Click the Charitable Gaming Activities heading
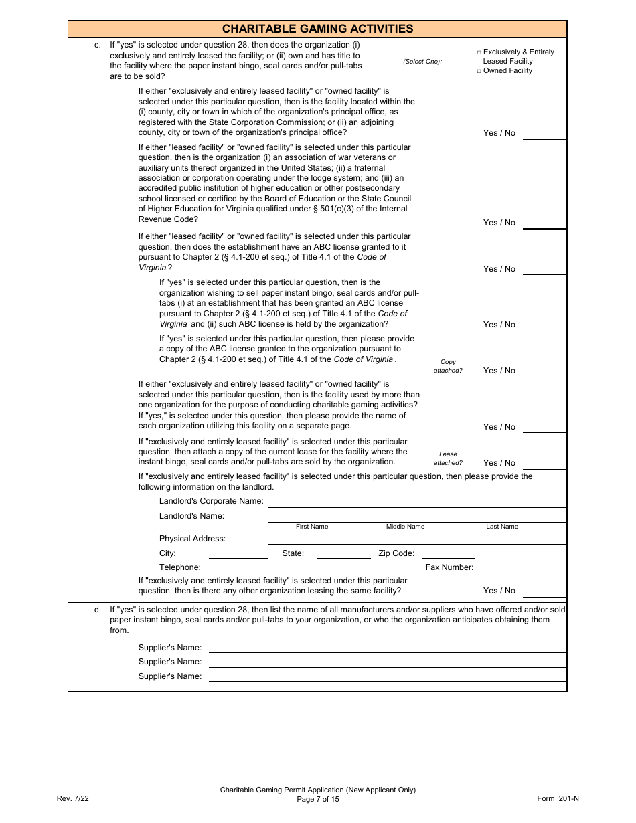pyautogui.click(x=317, y=29)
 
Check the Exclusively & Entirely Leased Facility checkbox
pyautogui.click(x=479, y=52)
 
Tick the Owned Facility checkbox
pyautogui.click(x=479, y=71)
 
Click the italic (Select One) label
pyautogui.click(x=422, y=62)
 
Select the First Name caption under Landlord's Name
pyautogui.click(x=312, y=527)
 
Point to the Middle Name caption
pyautogui.click(x=405, y=527)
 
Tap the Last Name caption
pyautogui.click(x=502, y=527)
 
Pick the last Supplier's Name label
pyautogui.click(x=169, y=676)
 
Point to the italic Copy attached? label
pyautogui.click(x=448, y=366)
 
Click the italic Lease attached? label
pyautogui.click(x=448, y=458)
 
